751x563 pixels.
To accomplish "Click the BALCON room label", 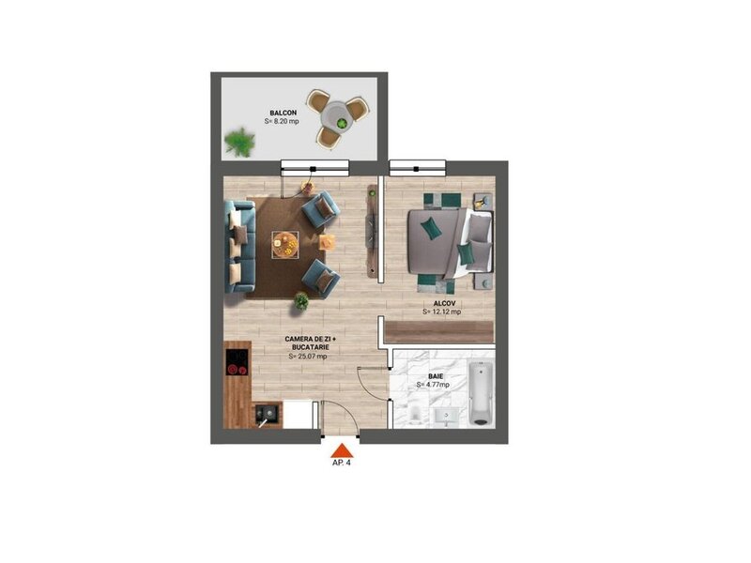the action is click(284, 113).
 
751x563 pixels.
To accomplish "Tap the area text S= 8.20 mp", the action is click(282, 122).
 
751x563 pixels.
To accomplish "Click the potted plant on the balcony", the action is click(239, 142).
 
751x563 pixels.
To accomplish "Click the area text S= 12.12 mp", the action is click(441, 312).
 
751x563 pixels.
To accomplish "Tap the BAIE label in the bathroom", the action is click(436, 376).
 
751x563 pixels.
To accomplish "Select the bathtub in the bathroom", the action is click(481, 393).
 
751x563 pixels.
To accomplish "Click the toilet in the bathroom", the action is click(414, 414).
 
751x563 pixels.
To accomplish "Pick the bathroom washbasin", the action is click(447, 417).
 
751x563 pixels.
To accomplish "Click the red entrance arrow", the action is click(342, 450).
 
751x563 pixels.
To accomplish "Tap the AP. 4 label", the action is click(342, 463).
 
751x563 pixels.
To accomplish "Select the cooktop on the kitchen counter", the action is click(238, 362).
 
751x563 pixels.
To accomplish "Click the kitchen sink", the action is click(267, 414).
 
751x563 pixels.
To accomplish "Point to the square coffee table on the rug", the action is click(285, 245).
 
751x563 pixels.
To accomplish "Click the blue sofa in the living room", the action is click(240, 247).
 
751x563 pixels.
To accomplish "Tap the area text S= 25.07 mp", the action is click(308, 357).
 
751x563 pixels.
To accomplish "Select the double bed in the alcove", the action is click(450, 243).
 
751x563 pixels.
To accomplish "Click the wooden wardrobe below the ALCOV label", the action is click(438, 332).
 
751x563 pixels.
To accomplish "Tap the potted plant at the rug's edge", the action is click(300, 301).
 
